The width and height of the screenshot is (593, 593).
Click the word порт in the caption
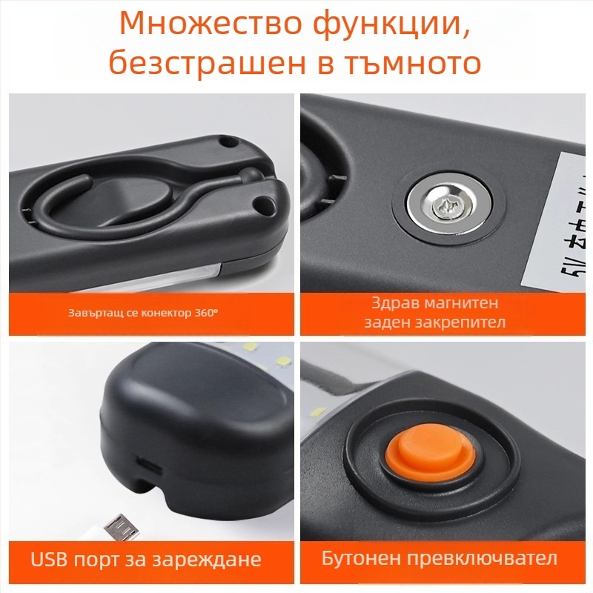tap(93, 558)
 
